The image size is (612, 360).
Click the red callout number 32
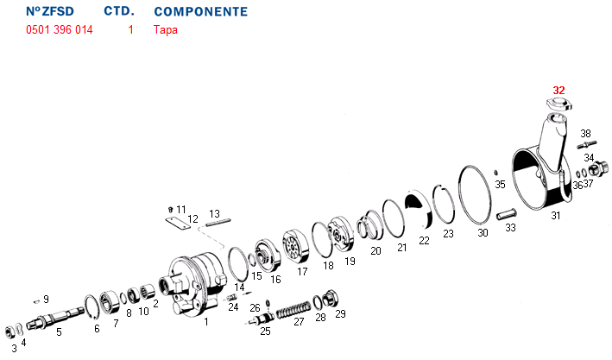559,91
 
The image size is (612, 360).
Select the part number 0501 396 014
60,29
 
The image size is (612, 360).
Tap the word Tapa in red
166,30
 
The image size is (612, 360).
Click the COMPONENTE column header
201,12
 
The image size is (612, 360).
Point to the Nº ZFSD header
50,11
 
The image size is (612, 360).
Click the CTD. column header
119,11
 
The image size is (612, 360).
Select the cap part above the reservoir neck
559,104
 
